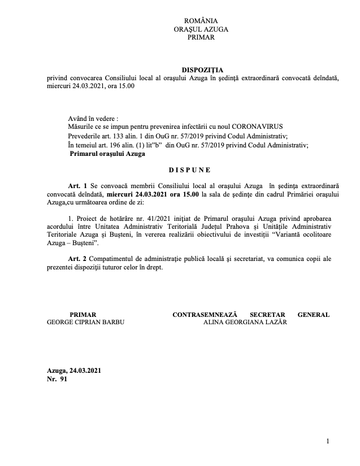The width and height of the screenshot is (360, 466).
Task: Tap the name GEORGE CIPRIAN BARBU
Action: coord(85,321)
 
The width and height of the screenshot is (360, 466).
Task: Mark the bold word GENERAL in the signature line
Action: coord(313,314)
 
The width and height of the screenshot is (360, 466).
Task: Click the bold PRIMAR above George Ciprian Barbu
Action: coord(83,314)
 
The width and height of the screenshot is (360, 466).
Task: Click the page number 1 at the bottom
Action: coord(328,441)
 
